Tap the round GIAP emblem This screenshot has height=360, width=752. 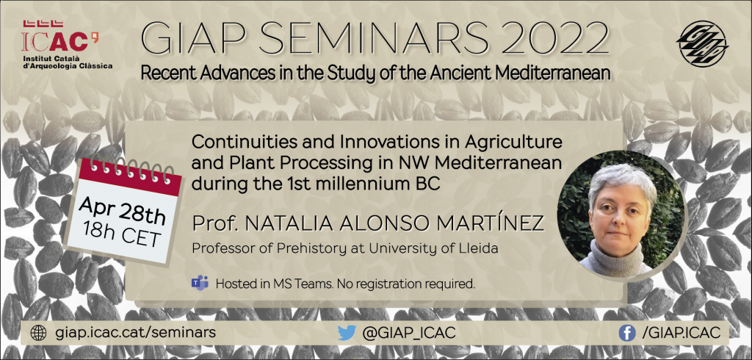[702, 43]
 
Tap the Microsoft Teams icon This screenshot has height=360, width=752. [200, 283]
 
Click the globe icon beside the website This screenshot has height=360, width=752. [38, 333]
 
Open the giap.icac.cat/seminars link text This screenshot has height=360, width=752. [135, 333]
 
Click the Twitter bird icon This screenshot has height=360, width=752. [347, 333]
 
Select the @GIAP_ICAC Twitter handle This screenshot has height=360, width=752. [408, 333]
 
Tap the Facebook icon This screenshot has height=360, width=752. [627, 333]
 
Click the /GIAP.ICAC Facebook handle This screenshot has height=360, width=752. [681, 333]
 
